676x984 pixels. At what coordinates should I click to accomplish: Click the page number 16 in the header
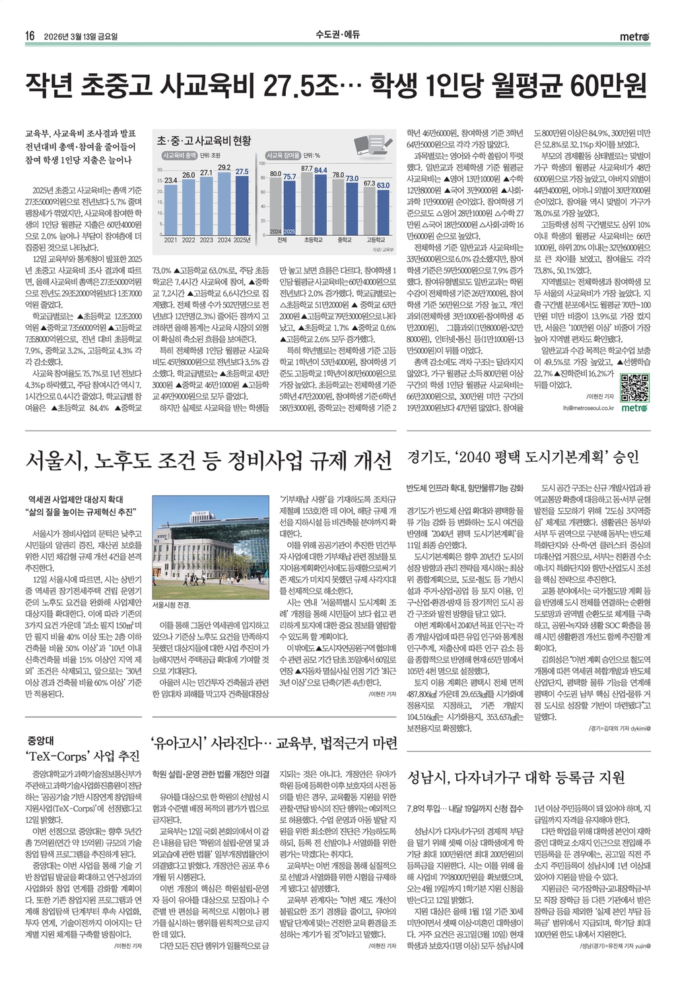pyautogui.click(x=30, y=36)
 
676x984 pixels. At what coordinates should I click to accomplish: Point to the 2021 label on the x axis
pyautogui.click(x=170, y=240)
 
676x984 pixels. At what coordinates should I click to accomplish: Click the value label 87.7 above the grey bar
pyautogui.click(x=306, y=169)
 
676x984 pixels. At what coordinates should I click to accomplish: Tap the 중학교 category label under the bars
pyautogui.click(x=344, y=240)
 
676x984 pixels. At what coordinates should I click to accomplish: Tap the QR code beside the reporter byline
pyautogui.click(x=635, y=388)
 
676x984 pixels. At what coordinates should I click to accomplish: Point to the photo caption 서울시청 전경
pyautogui.click(x=171, y=605)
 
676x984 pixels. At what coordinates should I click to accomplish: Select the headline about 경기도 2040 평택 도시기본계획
pyautogui.click(x=524, y=458)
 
